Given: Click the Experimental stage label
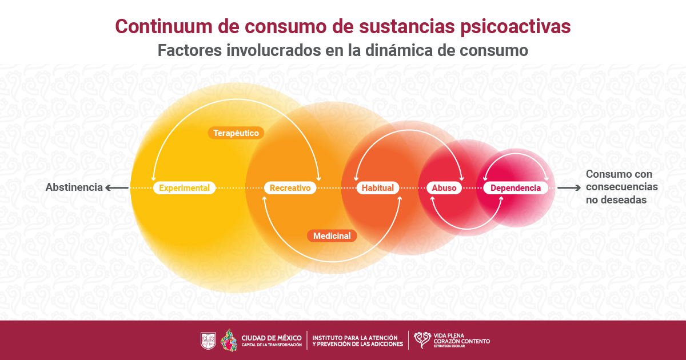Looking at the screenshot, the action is [184, 187].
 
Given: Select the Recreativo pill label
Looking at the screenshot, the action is [290, 187].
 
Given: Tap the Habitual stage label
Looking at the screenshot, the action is [378, 187].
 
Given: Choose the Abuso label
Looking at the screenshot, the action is [444, 187].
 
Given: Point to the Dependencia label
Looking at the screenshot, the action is [516, 187].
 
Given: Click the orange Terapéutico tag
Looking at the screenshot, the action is [236, 133].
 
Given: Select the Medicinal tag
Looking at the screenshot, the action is [332, 235].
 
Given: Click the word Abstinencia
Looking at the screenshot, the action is [74, 187].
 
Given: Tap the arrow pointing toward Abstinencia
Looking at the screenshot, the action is [117, 187].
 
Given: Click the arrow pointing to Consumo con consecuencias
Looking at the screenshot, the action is [569, 187].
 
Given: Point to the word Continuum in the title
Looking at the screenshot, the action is [163, 26].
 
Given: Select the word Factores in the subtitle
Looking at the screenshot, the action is [190, 50].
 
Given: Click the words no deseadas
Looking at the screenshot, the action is [616, 200].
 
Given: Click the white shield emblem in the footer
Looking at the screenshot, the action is [208, 341].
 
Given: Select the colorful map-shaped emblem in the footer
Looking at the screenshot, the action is [229, 341].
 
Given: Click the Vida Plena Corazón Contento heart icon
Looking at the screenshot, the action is [422, 340].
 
